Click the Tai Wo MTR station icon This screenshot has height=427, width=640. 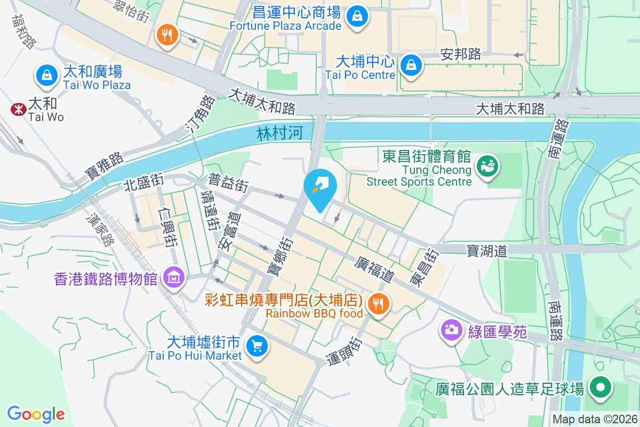[x=19, y=109]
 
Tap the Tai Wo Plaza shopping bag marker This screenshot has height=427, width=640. [x=47, y=75]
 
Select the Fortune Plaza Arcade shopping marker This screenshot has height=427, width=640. [x=356, y=17]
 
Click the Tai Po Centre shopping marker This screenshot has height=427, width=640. [x=411, y=66]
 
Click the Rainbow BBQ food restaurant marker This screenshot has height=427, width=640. [x=379, y=304]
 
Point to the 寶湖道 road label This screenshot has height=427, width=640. [x=486, y=251]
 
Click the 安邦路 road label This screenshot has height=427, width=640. [x=461, y=54]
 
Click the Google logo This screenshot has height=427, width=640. [x=36, y=414]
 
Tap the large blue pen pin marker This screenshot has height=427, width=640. [x=320, y=187]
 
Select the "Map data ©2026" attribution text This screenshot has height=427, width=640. [x=594, y=420]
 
